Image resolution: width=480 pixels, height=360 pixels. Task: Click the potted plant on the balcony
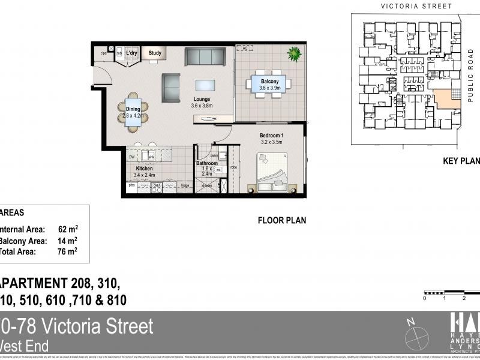(x=294, y=55)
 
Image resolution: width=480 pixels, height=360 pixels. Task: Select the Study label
(x=155, y=53)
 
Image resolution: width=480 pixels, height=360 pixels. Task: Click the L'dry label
(x=131, y=53)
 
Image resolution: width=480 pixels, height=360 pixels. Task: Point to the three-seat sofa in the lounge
(x=205, y=56)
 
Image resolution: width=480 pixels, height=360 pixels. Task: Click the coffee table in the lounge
(x=206, y=86)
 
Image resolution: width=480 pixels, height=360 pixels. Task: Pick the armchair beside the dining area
(x=172, y=88)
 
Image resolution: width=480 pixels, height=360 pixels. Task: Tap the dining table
(x=133, y=112)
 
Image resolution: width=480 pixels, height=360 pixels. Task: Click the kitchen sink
(x=152, y=157)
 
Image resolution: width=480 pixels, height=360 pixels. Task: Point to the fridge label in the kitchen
(x=185, y=185)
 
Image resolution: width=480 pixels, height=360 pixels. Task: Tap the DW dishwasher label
(x=131, y=157)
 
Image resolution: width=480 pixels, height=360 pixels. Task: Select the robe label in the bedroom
(x=234, y=167)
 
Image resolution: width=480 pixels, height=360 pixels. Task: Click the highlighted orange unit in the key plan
(x=446, y=99)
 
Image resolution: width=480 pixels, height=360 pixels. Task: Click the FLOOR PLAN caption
(x=281, y=220)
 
